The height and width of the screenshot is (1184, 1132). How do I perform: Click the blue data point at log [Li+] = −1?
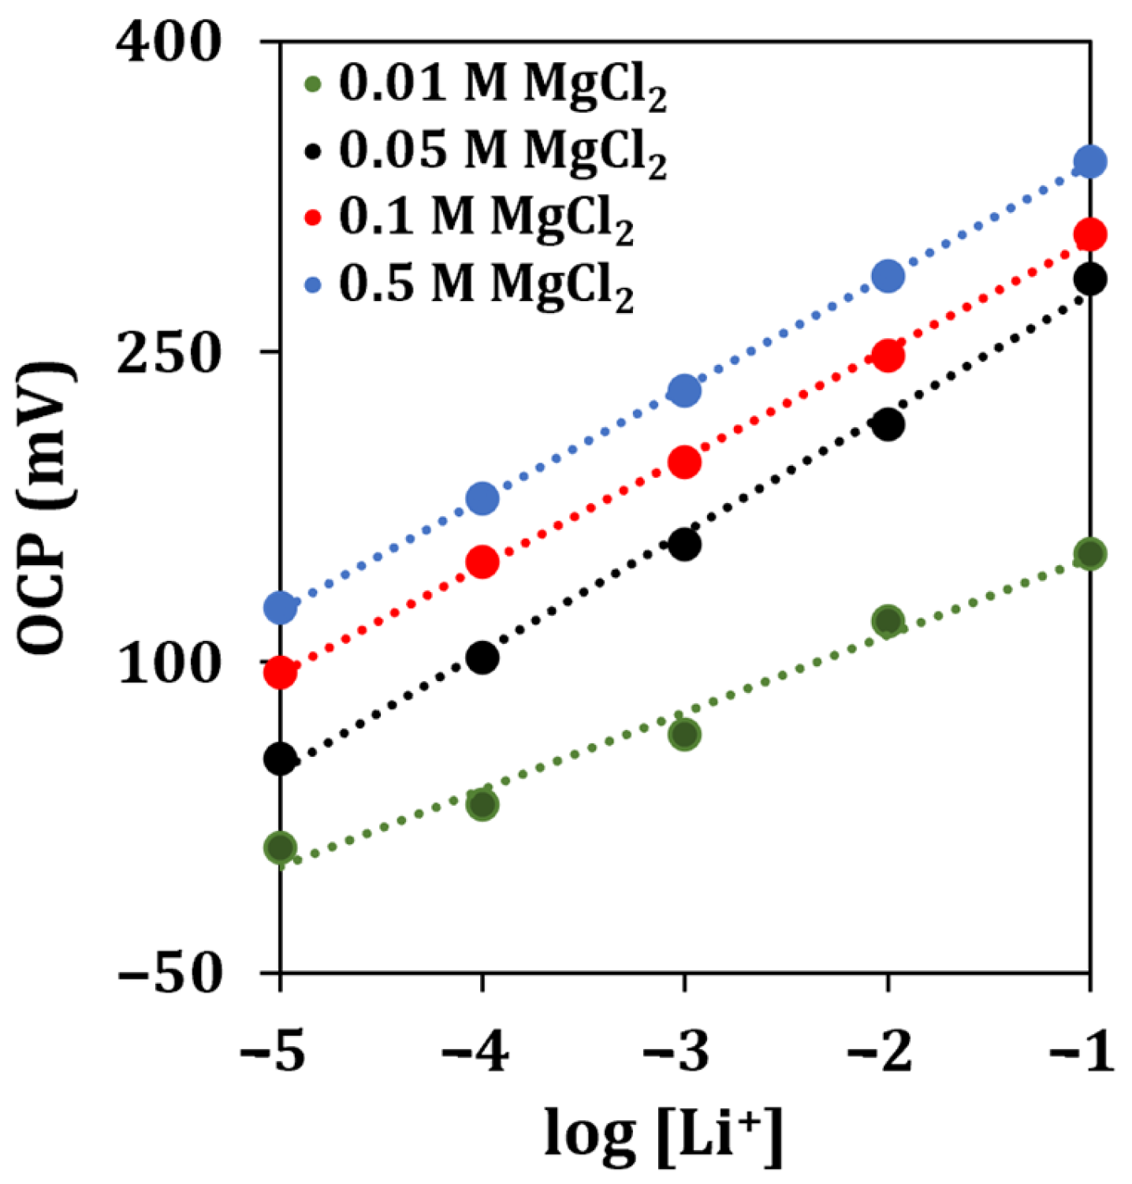pos(1090,162)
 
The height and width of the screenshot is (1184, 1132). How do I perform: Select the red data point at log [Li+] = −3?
pos(684,462)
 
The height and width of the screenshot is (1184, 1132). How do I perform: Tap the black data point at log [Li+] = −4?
pos(482,657)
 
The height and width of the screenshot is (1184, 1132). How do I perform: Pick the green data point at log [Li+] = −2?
pos(888,621)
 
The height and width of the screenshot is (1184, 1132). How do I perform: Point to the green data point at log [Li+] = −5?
pos(281,848)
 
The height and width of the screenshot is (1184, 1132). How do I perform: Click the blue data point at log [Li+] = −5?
pos(281,608)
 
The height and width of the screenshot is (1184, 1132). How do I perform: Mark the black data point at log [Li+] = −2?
pos(888,425)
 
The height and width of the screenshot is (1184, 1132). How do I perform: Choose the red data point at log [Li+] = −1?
pos(1090,234)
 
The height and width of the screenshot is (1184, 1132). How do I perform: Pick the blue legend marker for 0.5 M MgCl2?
pos(313,284)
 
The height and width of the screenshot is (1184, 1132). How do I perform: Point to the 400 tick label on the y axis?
pos(167,43)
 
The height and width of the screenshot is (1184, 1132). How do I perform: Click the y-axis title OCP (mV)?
pos(47,508)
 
